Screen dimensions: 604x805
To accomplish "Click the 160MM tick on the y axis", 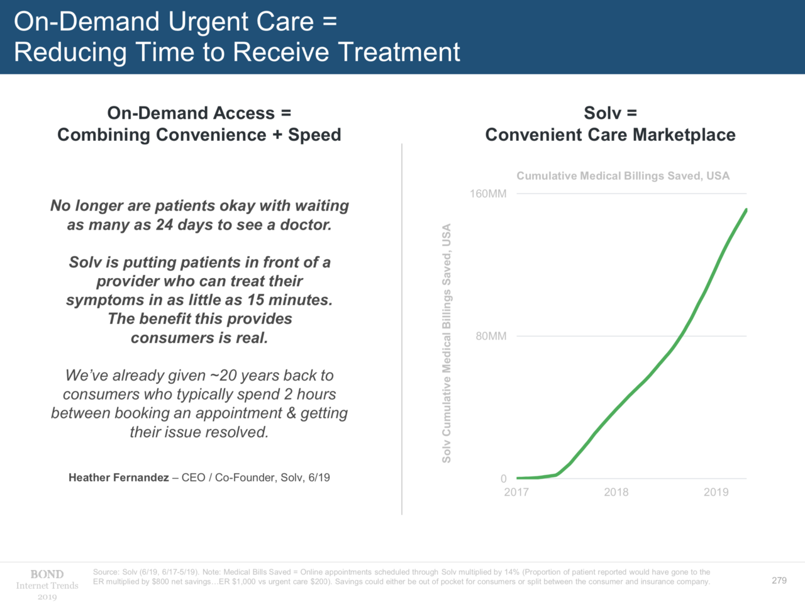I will click(x=488, y=194).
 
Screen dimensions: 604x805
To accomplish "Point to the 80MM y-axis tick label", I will click(x=491, y=336).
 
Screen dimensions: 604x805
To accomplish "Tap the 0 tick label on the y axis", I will click(x=503, y=479).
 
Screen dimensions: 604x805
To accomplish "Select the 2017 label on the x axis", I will click(x=516, y=492).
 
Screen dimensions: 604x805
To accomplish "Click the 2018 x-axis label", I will click(x=616, y=492).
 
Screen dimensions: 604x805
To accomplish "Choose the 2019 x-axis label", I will click(x=716, y=492).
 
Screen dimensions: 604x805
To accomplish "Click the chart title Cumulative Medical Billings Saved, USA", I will click(x=623, y=176).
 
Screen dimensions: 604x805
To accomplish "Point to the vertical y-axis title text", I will click(x=447, y=344).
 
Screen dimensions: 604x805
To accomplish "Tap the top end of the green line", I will click(x=746, y=210).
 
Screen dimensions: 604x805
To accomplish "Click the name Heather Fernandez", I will click(x=118, y=478).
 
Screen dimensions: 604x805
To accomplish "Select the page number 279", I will click(x=779, y=580).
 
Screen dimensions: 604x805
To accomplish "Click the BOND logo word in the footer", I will click(x=47, y=574).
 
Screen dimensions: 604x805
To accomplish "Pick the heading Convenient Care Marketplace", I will click(x=610, y=135).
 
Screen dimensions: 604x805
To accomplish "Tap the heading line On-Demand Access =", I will click(x=199, y=113).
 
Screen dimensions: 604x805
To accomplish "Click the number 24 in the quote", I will click(x=165, y=225).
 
